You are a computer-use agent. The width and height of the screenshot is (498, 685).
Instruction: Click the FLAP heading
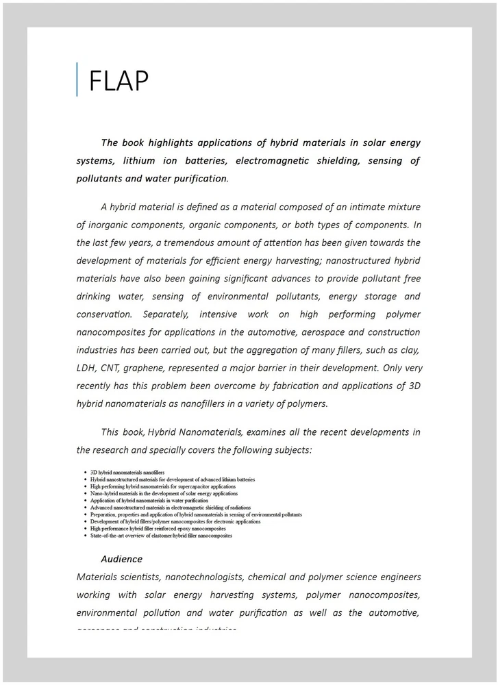click(119, 81)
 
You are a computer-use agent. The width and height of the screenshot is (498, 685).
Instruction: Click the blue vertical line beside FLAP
click(77, 79)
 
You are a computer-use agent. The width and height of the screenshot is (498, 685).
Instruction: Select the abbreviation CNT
click(115, 369)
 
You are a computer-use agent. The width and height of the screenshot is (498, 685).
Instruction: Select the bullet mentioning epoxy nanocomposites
click(158, 529)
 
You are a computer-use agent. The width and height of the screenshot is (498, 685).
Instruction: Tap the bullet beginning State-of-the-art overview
click(161, 536)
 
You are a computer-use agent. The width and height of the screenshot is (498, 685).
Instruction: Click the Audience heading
click(121, 559)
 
